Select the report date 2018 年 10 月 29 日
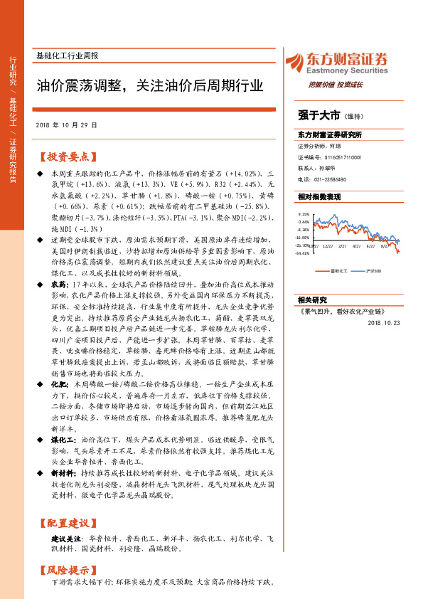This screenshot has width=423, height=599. coord(66,125)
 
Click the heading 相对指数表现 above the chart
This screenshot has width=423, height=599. coord(319,196)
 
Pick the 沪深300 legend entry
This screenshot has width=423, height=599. coord(370,271)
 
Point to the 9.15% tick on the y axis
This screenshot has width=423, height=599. coord(304,213)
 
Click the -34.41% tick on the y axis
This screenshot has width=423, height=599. coord(303,253)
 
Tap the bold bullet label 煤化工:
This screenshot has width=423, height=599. coord(65,441)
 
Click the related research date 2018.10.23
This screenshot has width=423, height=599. coord(384,322)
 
